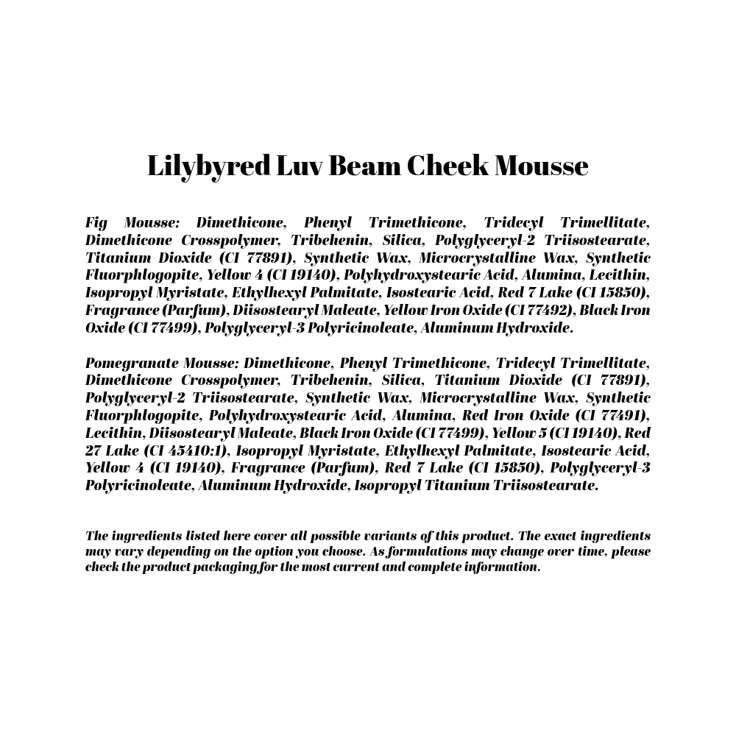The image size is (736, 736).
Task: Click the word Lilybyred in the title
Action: pos(208,166)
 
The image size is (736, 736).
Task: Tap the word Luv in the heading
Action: pos(300,166)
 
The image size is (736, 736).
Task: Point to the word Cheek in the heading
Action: pos(447,166)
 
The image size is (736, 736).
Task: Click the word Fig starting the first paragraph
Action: pos(96,222)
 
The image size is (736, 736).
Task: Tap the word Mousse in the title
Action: pos(541,166)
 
